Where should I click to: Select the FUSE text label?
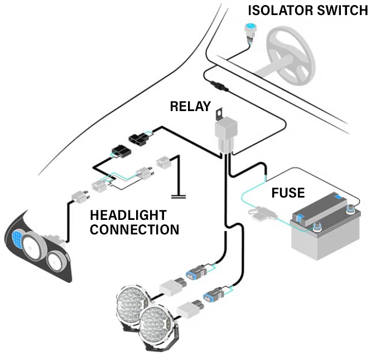pyautogui.click(x=288, y=193)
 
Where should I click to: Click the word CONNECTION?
pyautogui.click(x=134, y=229)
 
